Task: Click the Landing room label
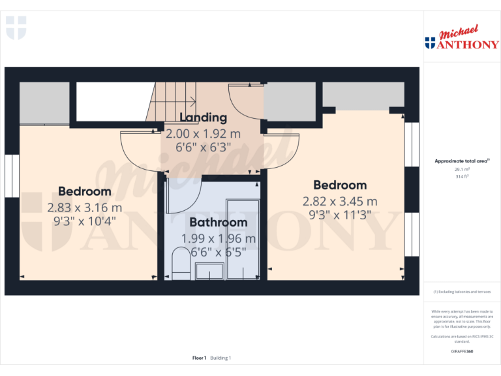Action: click(204, 117)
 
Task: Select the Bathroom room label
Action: click(218, 223)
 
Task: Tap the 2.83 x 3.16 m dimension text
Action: click(84, 208)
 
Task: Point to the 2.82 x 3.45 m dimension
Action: click(339, 201)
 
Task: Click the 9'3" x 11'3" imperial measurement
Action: click(339, 215)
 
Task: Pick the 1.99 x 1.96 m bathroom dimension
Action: click(218, 238)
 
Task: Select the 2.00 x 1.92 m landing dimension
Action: click(203, 133)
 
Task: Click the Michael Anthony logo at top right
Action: click(461, 39)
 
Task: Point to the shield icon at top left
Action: click(16, 27)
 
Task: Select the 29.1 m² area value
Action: click(462, 168)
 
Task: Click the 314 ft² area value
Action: click(462, 176)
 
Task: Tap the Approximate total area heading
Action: click(461, 161)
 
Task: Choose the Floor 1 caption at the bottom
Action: click(199, 358)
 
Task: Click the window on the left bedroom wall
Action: click(12, 176)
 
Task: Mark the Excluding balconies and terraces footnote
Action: click(462, 292)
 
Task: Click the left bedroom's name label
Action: click(84, 191)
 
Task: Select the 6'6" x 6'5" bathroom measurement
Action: click(218, 253)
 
